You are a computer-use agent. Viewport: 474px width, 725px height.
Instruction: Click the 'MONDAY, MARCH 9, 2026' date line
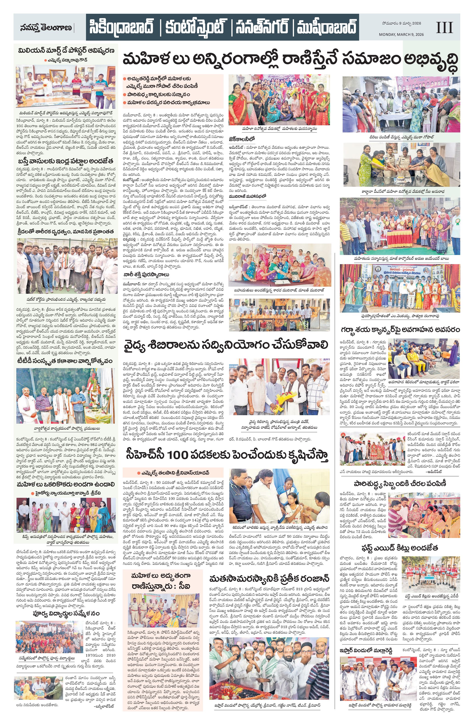(x=401, y=34)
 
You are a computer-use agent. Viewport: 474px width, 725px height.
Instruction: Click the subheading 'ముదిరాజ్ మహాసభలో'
(x=248, y=197)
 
